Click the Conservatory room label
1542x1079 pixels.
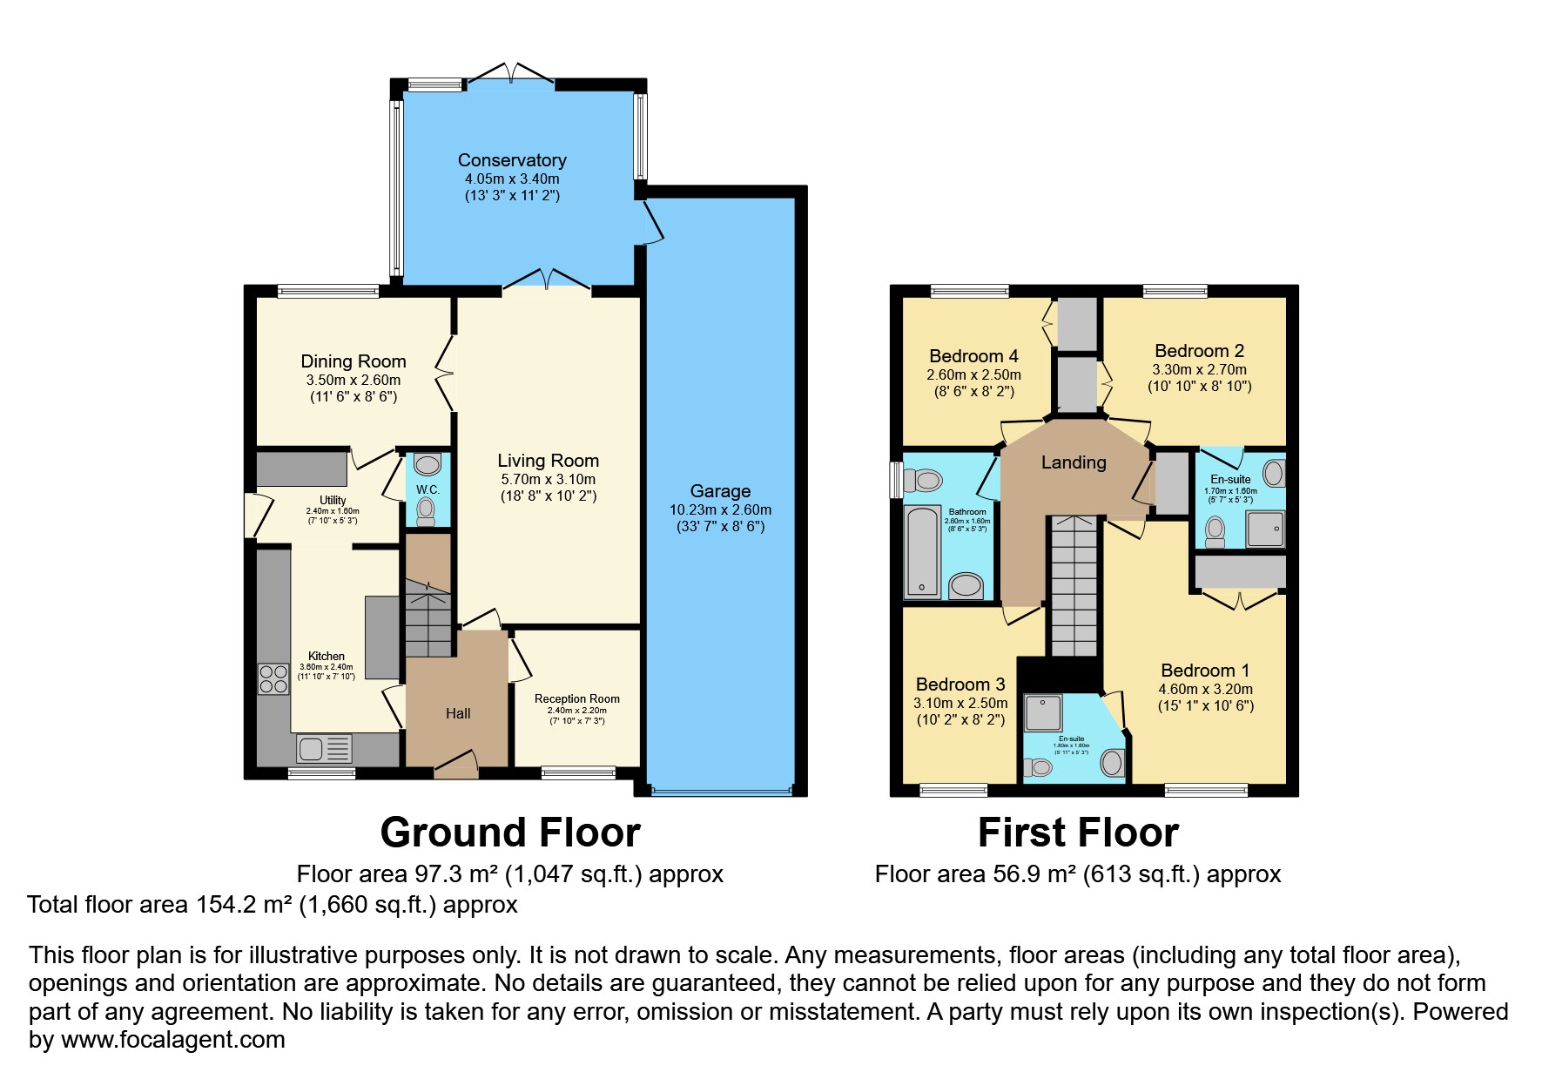point(512,160)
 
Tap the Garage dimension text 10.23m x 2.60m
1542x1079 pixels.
point(720,509)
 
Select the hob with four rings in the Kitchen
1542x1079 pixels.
point(273,678)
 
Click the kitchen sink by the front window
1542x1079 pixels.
point(324,748)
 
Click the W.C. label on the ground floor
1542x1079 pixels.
point(428,489)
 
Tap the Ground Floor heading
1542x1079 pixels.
point(510,833)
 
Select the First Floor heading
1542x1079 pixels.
point(1078,833)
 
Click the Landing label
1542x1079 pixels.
point(1074,462)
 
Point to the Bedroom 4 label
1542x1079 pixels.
point(973,356)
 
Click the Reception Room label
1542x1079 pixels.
point(577,698)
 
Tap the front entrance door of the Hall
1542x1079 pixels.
point(456,765)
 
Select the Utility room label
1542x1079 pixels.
point(333,500)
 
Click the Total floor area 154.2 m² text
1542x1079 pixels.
point(273,905)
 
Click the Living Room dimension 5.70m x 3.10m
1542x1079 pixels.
point(548,479)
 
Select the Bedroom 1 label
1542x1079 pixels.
point(1205,671)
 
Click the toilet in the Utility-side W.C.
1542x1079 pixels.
point(426,511)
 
